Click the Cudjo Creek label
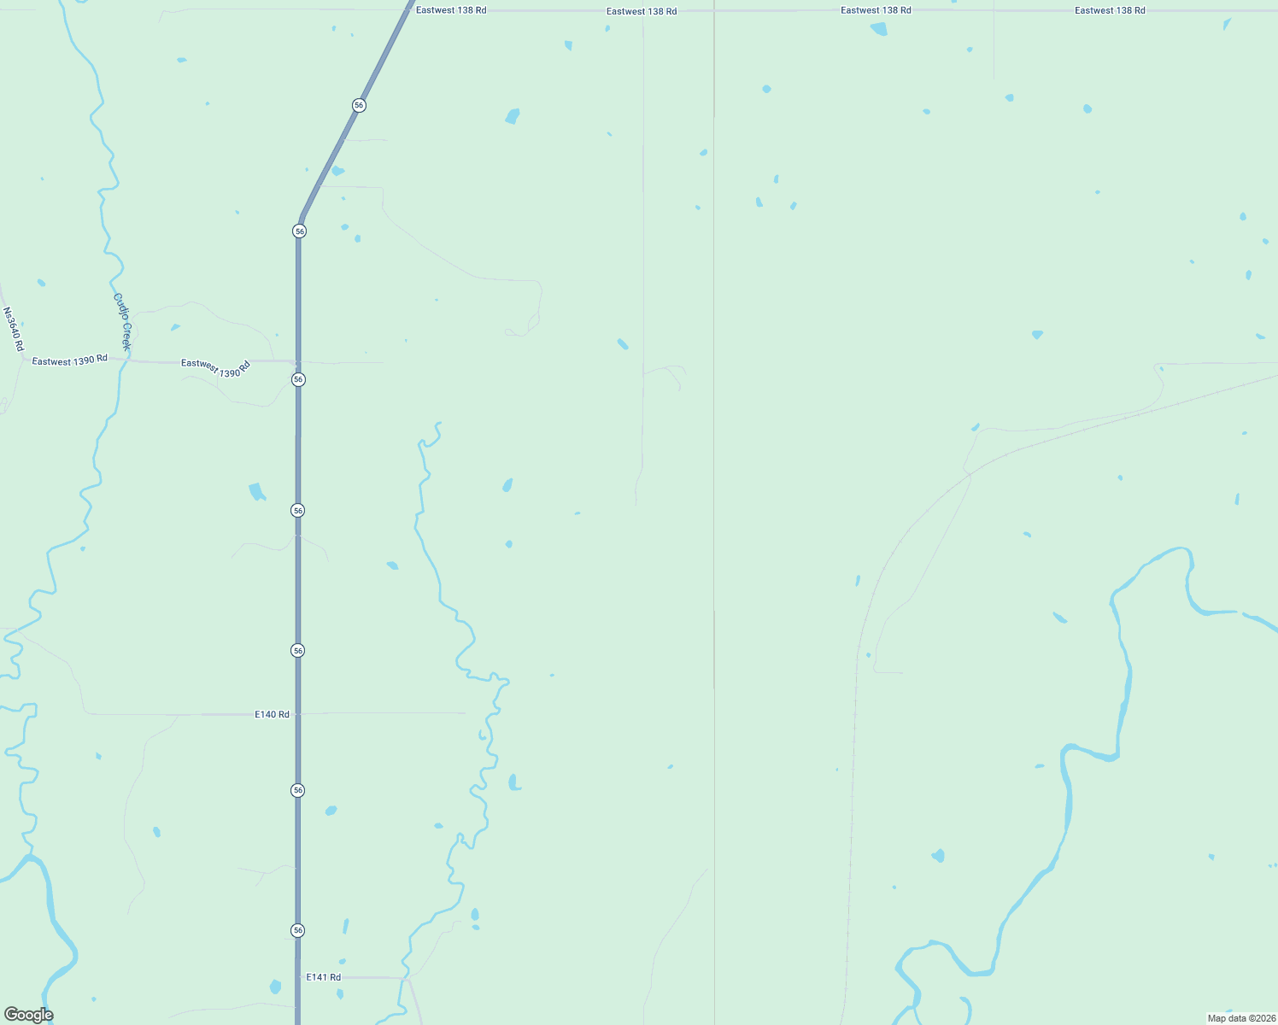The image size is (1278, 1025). tap(122, 322)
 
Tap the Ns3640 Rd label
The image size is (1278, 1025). tap(13, 330)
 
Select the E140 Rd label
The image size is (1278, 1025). tap(272, 714)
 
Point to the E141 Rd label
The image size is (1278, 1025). tap(323, 977)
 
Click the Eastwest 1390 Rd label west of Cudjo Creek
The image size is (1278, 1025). tap(69, 360)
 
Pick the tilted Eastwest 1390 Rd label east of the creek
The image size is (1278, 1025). tap(215, 368)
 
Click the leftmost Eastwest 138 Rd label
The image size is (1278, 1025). tap(451, 10)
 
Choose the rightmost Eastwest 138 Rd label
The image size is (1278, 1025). tap(1110, 10)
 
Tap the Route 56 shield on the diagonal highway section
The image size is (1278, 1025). tap(359, 105)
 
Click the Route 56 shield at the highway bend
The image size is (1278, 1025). tap(299, 231)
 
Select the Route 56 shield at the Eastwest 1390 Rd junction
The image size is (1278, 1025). tap(298, 379)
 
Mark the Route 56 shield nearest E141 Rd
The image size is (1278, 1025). tap(297, 930)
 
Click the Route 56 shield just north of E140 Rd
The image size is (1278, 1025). tap(297, 651)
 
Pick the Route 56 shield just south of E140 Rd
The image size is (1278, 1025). tap(297, 790)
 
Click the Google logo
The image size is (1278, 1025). tap(28, 1015)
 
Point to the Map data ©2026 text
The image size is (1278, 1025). tap(1240, 1018)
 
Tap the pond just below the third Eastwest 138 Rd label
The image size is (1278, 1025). tap(878, 29)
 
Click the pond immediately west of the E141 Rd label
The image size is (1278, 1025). tap(275, 987)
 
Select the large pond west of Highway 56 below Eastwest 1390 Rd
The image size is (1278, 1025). tap(256, 491)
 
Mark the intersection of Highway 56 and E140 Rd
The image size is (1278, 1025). tap(297, 713)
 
